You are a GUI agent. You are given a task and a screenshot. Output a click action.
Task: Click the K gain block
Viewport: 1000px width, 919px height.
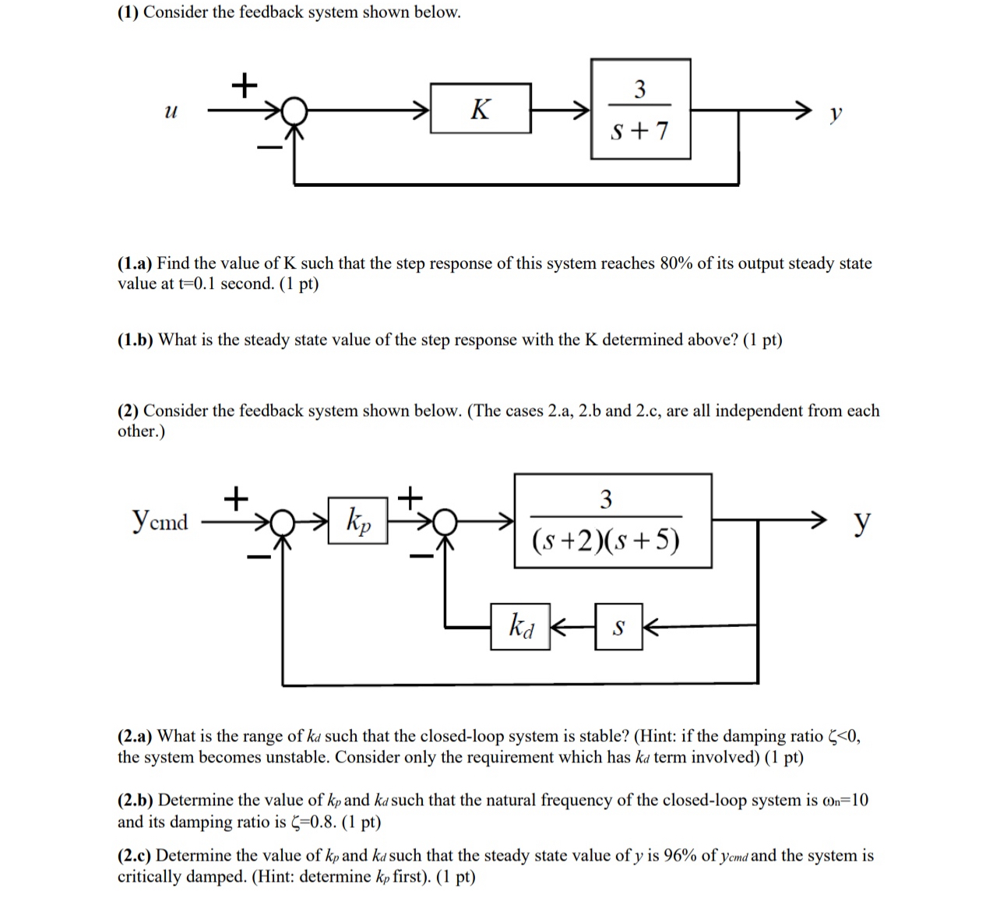481,109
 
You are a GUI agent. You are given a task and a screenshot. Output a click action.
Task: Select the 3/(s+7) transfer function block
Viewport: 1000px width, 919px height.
640,109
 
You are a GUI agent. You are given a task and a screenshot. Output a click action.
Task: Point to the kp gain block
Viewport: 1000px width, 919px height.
357,519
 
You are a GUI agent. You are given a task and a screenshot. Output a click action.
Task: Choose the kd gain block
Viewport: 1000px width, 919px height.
520,625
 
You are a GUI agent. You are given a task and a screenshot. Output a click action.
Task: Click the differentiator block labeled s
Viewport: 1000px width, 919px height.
618,625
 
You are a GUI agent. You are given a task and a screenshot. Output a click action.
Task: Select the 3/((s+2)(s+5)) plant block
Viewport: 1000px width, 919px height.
612,520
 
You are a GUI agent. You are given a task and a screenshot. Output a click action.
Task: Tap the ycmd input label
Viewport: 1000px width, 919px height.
160,519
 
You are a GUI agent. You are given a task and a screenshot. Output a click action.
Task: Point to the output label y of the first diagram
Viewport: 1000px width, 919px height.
836,114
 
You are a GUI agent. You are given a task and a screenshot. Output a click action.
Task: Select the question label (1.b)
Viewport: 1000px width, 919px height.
136,340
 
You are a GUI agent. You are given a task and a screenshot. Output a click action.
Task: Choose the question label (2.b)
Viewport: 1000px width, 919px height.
136,800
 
